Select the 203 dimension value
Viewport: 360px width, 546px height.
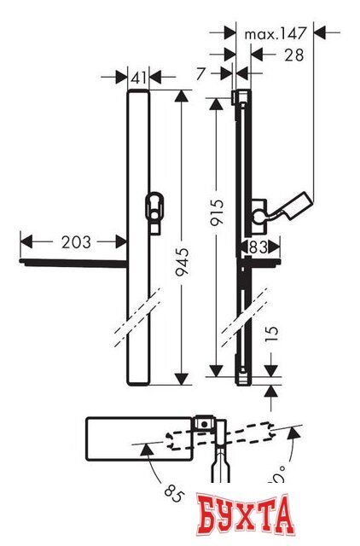[76, 242]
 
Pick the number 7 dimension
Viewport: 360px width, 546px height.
[200, 76]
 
